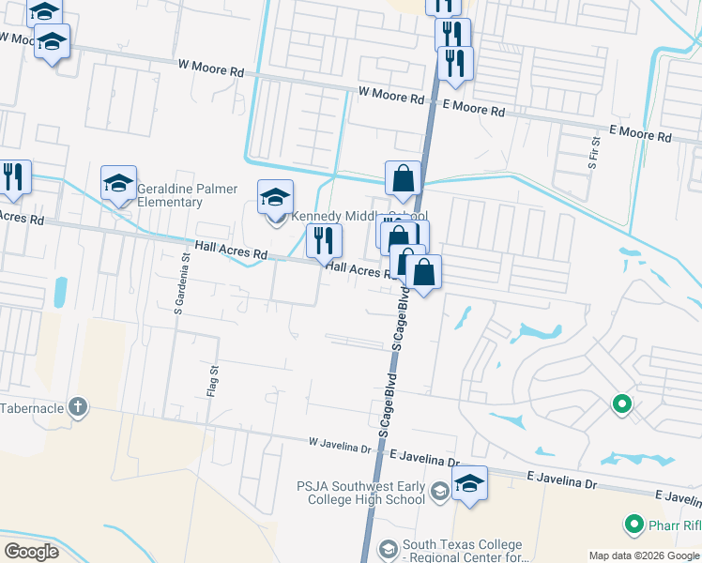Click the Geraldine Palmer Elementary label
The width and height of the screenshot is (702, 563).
(184, 194)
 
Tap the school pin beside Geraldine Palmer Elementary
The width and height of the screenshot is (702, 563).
(119, 184)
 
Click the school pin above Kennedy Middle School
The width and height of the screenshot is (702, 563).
(275, 197)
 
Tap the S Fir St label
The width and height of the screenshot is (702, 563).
(592, 151)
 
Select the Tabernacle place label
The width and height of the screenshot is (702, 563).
(33, 408)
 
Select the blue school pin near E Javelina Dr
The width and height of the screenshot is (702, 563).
(469, 484)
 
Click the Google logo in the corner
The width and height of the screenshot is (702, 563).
(31, 552)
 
